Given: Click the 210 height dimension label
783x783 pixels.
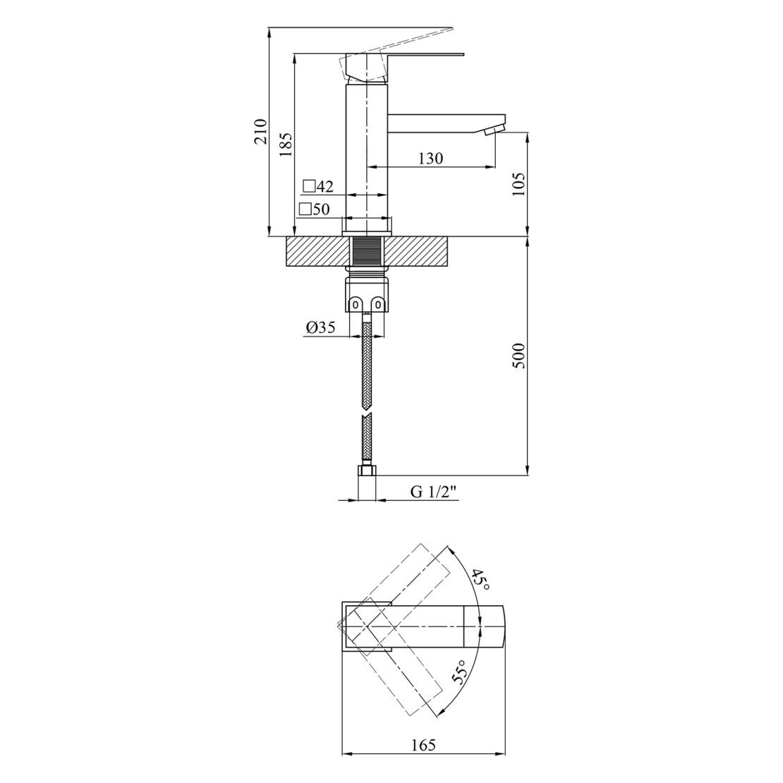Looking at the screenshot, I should (x=261, y=132).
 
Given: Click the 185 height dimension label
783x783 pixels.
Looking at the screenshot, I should (x=286, y=144).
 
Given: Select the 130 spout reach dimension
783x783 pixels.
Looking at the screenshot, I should (x=430, y=159).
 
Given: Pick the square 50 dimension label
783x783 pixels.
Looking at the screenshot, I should (x=315, y=210).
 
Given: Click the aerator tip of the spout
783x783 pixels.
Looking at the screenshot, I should (x=496, y=130).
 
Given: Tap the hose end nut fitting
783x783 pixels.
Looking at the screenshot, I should (x=367, y=471).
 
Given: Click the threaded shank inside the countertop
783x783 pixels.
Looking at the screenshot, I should (x=367, y=252).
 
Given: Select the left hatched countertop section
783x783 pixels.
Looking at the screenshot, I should (x=317, y=252).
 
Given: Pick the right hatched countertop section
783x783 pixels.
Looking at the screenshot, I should (x=416, y=252).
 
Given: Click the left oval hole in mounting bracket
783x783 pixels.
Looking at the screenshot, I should (x=356, y=304).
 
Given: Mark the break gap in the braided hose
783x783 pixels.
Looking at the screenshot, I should (x=367, y=413).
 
